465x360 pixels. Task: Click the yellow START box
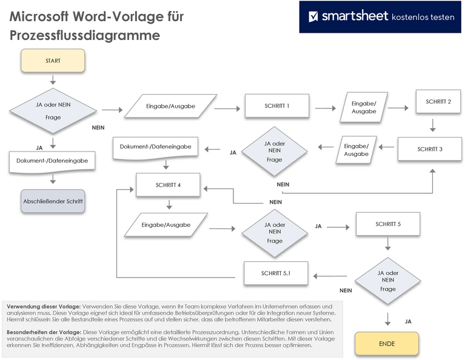[x=53, y=61]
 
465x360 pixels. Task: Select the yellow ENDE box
[x=386, y=344]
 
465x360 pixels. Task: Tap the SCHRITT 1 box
[x=276, y=106]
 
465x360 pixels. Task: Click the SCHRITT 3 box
[x=430, y=148]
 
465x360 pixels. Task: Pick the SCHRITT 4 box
[x=168, y=185]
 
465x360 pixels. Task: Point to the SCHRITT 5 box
[x=388, y=224]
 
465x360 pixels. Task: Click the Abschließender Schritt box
[x=53, y=201]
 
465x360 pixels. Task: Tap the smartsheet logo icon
[x=314, y=16]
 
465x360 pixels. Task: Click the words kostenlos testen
[x=423, y=17]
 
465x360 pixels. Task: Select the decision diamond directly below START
[x=53, y=111]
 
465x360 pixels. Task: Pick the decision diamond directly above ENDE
[x=387, y=281]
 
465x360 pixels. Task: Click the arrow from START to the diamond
[x=53, y=80]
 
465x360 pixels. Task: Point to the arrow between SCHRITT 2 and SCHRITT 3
[x=433, y=125]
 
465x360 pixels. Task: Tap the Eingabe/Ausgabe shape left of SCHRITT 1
[x=170, y=106]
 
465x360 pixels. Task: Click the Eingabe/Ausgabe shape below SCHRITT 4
[x=166, y=225]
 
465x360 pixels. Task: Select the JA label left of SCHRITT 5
[x=318, y=226]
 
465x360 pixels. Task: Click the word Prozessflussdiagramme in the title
[x=84, y=36]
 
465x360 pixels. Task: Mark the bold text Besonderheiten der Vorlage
[x=43, y=333]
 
